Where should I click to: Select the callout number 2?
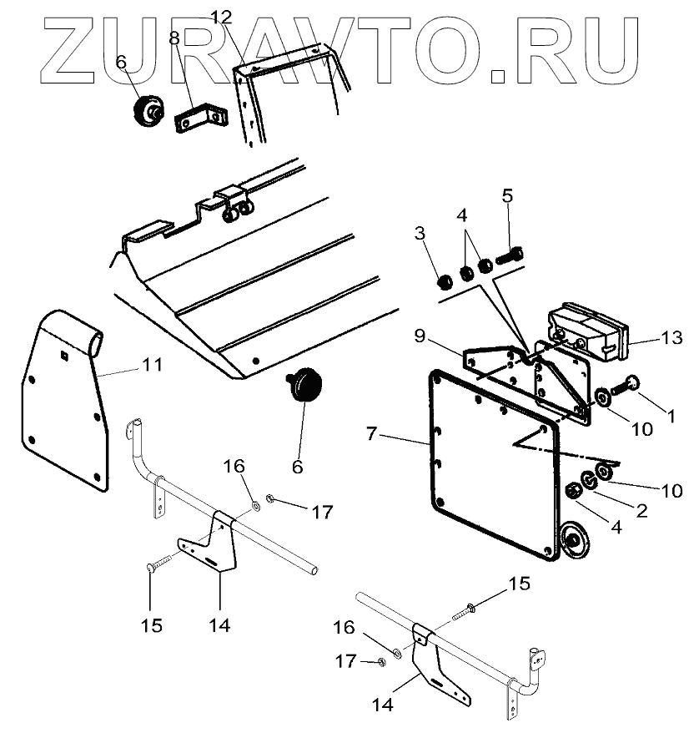(x=641, y=509)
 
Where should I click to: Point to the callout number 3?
(x=420, y=231)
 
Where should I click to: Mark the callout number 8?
(x=174, y=38)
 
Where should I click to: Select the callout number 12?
(x=221, y=17)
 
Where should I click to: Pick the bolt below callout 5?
(x=510, y=255)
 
